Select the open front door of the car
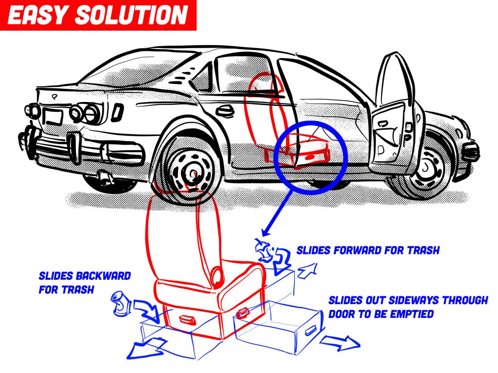pyautogui.click(x=396, y=112)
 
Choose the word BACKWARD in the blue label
pyautogui.click(x=103, y=276)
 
